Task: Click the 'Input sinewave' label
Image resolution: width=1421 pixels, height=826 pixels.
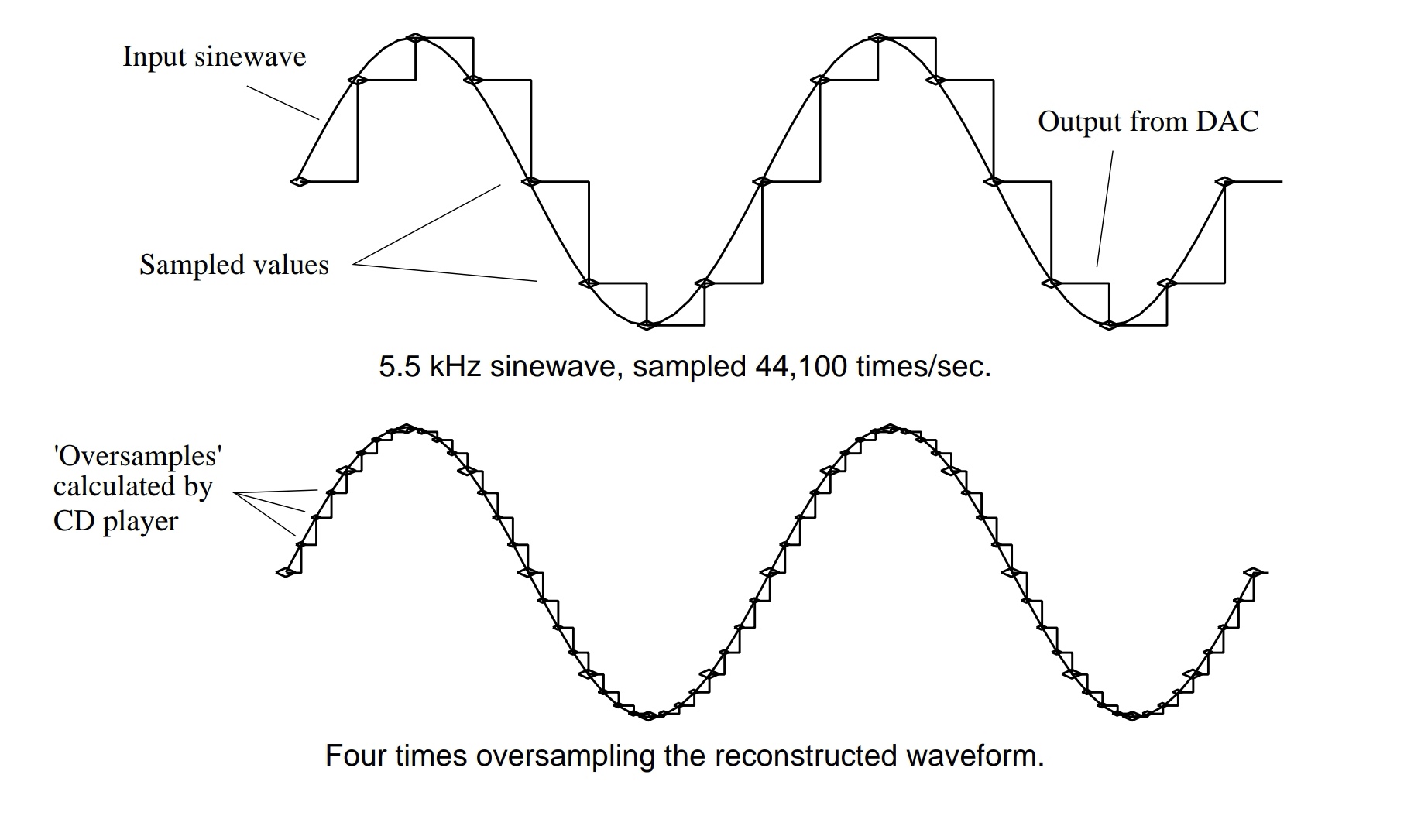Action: click(215, 57)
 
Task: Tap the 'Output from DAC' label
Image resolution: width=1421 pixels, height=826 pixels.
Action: click(1148, 122)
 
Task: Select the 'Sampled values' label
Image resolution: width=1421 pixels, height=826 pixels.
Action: click(234, 265)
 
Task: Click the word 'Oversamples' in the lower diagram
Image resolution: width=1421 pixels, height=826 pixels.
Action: click(138, 455)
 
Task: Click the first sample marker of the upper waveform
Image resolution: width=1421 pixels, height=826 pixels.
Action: click(300, 181)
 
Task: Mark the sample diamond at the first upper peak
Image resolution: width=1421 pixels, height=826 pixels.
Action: click(415, 37)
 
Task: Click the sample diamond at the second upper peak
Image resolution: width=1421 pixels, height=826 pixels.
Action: click(877, 37)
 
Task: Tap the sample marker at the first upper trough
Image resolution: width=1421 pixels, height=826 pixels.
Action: click(647, 325)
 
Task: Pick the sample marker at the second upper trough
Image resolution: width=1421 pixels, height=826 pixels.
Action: click(1109, 325)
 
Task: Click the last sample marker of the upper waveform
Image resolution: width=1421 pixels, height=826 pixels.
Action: click(1224, 181)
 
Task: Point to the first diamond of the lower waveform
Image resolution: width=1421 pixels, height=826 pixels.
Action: click(287, 573)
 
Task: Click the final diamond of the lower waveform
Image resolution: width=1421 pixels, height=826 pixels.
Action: click(1253, 573)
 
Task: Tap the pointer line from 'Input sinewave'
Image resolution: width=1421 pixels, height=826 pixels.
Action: click(283, 102)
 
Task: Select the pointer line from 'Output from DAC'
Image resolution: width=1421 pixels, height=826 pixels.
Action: click(1105, 209)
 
